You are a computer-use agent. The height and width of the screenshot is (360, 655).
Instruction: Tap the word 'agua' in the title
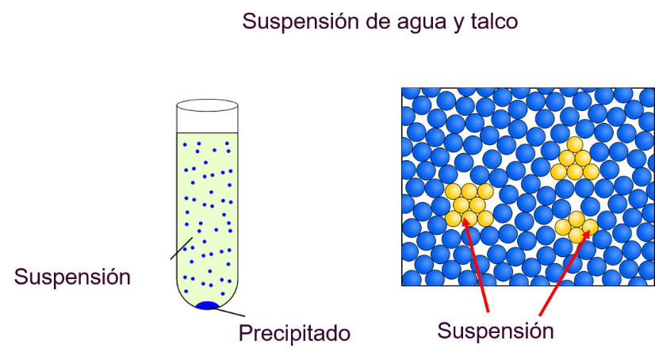pos(421,23)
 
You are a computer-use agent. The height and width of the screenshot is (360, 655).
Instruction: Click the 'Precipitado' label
pos(294,333)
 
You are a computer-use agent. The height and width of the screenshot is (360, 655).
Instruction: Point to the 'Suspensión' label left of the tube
pos(72,277)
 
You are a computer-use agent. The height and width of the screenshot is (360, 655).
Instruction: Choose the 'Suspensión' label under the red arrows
pos(496,331)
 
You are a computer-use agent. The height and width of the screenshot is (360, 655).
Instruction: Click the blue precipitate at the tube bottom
pos(207,305)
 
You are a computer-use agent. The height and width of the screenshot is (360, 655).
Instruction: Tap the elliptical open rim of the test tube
pos(207,105)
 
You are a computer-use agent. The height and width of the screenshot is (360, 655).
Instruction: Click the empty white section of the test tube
pos(207,122)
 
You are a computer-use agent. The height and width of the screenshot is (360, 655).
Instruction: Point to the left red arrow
pos(475,264)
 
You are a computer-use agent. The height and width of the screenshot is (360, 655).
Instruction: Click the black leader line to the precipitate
pos(227,312)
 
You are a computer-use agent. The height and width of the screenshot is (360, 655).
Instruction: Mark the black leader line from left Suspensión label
pos(182,248)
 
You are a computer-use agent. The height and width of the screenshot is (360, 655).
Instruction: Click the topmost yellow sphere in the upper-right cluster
pos(575,144)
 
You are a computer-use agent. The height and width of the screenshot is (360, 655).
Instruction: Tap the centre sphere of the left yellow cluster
pos(469,205)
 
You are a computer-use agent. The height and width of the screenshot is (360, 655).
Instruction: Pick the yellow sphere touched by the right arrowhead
pos(590,228)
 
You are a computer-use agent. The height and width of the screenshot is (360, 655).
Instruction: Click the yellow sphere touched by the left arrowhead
pos(469,218)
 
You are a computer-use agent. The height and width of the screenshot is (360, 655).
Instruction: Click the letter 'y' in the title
pos(458,25)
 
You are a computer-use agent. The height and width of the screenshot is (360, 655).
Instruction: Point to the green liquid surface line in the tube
pos(207,133)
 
